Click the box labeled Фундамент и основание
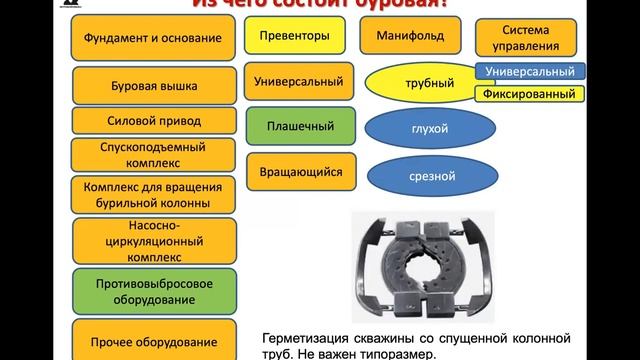point(153,39)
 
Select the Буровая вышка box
point(153,87)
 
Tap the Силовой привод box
point(153,121)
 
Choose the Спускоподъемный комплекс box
point(153,155)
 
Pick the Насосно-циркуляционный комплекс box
point(153,240)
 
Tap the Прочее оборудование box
point(153,334)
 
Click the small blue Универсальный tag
point(530,72)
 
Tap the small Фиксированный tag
point(530,94)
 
